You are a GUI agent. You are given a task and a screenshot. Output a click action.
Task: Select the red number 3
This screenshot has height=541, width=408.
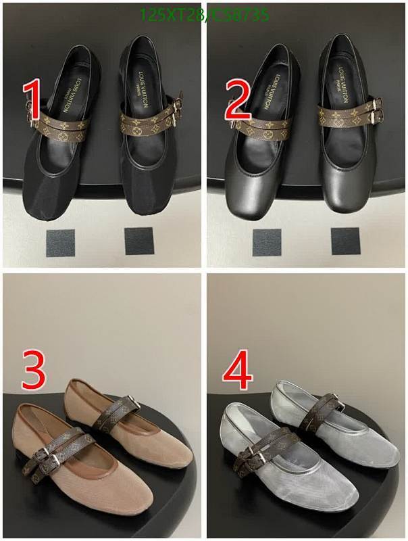point(34,369)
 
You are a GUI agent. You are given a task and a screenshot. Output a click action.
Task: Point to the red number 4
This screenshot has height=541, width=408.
point(238,369)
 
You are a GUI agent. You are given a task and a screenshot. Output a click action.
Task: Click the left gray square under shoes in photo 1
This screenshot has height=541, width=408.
point(61,242)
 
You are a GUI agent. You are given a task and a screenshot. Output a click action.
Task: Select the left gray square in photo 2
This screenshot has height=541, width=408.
point(267,242)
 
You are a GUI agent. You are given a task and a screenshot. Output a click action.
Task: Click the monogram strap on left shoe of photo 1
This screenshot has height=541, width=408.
point(61,124)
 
